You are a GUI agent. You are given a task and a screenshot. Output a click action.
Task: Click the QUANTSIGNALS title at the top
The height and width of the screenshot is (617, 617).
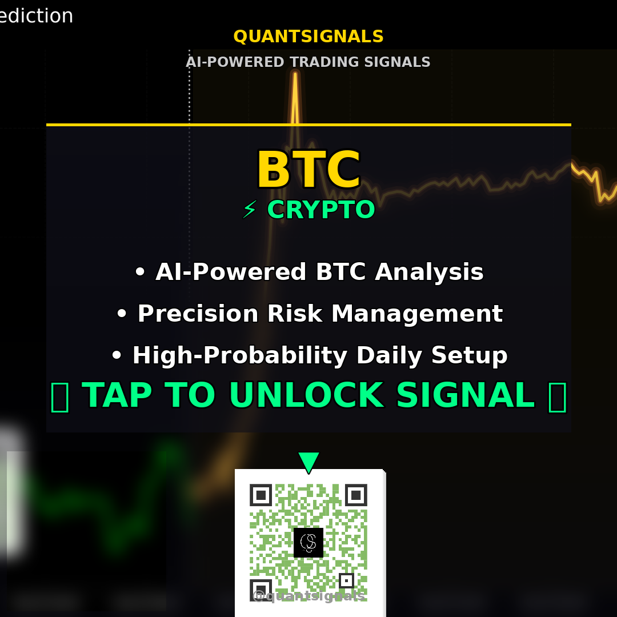[308, 37]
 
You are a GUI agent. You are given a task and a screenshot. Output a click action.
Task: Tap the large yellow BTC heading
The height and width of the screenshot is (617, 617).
[308, 170]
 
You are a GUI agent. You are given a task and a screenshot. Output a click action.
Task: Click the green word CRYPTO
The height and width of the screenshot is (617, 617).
[320, 210]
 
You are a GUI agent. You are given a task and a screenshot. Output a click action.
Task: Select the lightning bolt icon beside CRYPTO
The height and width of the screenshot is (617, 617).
[249, 210]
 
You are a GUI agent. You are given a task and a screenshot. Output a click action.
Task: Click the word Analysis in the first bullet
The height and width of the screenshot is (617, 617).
[428, 272]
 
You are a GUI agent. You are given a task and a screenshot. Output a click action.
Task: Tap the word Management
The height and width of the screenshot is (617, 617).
[417, 314]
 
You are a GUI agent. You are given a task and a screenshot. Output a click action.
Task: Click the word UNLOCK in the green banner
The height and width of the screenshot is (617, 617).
[306, 395]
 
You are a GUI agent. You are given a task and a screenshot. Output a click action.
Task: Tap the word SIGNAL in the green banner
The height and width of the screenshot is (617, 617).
[465, 395]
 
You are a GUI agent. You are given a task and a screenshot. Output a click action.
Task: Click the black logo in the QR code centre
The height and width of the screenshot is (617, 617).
[308, 542]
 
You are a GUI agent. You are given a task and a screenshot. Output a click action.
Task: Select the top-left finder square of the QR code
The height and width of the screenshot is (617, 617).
[261, 495]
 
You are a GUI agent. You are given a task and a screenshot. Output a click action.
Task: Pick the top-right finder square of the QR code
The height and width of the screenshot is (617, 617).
[356, 495]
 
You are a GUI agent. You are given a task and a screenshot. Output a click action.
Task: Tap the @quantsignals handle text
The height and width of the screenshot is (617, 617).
[308, 596]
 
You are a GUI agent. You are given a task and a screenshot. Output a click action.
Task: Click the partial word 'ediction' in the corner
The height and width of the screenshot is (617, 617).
[35, 16]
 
